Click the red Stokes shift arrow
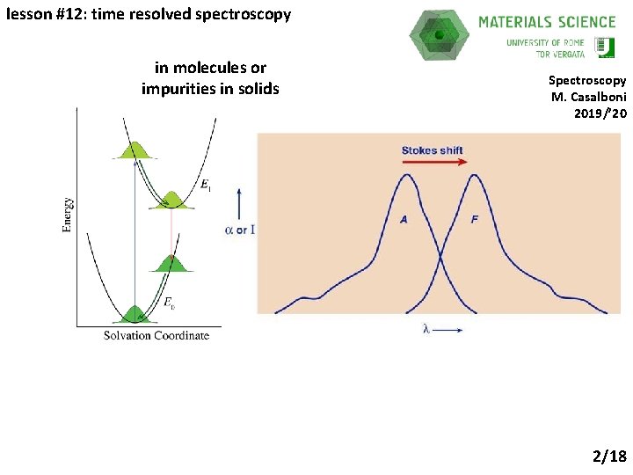click(x=432, y=163)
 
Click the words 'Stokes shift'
click(x=432, y=150)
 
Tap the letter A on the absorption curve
click(x=404, y=219)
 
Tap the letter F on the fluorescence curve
click(x=475, y=219)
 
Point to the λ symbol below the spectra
click(x=426, y=330)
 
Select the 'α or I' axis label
click(x=239, y=230)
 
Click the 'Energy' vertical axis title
click(x=69, y=215)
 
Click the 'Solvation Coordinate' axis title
click(x=156, y=335)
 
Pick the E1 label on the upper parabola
click(x=205, y=185)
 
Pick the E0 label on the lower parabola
click(x=170, y=303)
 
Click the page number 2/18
click(x=609, y=456)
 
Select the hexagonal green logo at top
click(x=440, y=35)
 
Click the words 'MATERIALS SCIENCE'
click(x=547, y=22)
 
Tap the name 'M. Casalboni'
click(x=588, y=97)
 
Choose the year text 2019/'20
click(x=600, y=113)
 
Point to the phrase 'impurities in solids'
click(x=210, y=88)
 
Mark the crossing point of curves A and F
click(x=440, y=256)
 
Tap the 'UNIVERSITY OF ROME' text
click(x=545, y=42)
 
